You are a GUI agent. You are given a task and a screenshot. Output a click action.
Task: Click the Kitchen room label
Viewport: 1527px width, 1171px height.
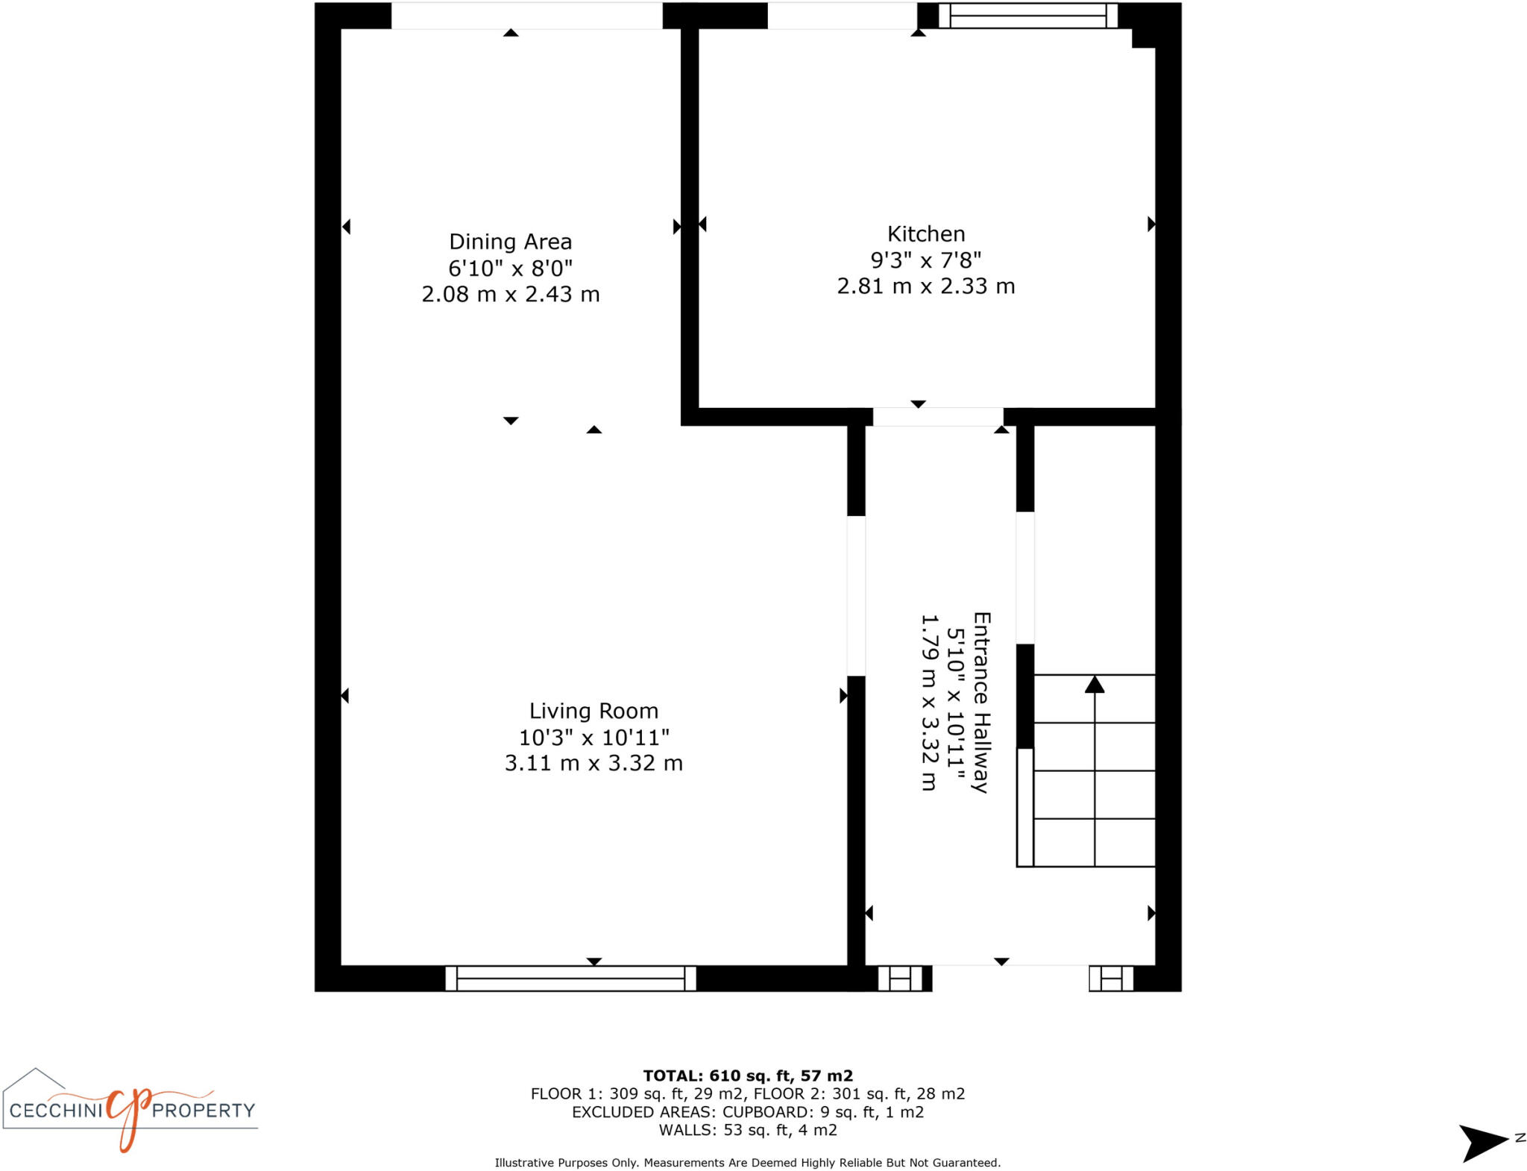point(925,234)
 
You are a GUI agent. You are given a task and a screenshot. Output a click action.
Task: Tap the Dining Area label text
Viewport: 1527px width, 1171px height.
point(510,242)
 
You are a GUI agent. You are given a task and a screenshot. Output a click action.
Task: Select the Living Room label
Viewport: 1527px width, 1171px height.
point(594,711)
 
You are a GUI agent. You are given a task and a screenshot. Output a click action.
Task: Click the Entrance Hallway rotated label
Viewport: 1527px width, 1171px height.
point(981,702)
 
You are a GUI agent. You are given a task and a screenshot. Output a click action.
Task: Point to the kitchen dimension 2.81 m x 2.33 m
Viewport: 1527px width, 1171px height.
point(925,286)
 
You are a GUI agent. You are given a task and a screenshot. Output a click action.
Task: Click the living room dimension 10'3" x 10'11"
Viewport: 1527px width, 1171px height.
point(594,738)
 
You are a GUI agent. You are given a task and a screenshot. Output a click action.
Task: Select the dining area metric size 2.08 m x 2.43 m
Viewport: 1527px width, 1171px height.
point(510,295)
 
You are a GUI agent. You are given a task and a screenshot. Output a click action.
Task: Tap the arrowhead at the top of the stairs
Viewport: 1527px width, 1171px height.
point(1094,684)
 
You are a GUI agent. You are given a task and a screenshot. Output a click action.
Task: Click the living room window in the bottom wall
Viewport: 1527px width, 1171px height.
point(570,978)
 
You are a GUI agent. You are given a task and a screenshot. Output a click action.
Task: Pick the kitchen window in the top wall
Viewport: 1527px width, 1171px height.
point(1027,16)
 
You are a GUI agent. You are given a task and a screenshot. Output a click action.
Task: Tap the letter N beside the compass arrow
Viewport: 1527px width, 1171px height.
point(1520,1137)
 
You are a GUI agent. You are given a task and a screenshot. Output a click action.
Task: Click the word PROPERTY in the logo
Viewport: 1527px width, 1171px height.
point(204,1111)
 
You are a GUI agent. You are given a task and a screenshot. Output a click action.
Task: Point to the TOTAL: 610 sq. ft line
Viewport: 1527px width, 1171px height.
point(748,1076)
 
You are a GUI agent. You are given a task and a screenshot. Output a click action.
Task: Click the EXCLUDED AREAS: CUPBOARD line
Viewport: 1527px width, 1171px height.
point(748,1112)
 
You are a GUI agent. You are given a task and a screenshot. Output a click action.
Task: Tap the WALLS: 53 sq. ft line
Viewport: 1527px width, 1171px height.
point(748,1130)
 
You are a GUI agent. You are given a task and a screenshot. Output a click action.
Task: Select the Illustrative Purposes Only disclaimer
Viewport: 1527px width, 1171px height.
point(748,1163)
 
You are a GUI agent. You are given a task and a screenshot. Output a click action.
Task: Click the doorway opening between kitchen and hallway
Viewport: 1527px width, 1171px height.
point(937,417)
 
